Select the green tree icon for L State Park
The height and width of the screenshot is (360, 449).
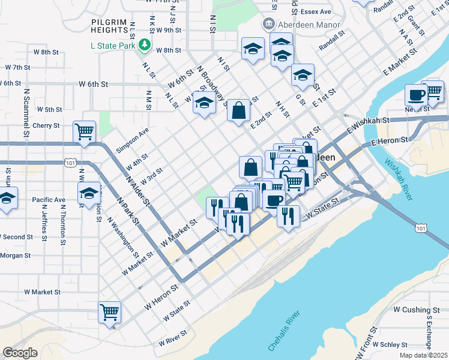(144, 44)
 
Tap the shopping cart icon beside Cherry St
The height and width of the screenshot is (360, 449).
(85, 131)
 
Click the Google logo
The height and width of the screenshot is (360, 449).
(20, 353)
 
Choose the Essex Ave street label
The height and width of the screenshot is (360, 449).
(317, 11)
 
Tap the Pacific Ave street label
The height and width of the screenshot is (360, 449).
(49, 199)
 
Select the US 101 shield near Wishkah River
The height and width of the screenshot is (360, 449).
(421, 227)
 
